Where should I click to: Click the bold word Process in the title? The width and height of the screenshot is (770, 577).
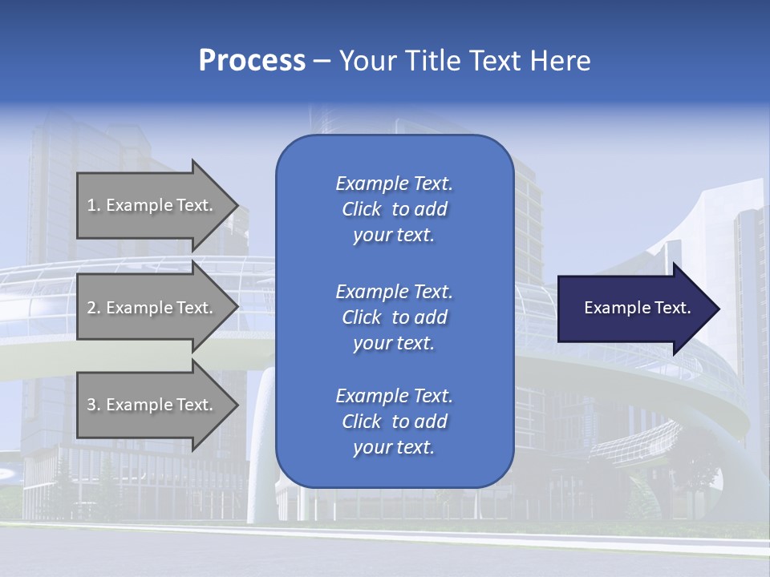[x=252, y=61]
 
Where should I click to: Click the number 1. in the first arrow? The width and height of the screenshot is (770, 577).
[x=94, y=205]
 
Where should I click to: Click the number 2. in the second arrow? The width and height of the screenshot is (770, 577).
[x=94, y=308]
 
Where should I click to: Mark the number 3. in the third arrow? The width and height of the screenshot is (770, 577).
[x=94, y=405]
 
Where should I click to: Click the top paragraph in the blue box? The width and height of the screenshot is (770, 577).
[x=394, y=209]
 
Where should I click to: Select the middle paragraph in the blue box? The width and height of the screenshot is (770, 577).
[x=394, y=317]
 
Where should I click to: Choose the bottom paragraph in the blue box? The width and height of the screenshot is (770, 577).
[x=394, y=422]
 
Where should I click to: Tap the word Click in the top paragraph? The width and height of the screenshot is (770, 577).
[x=362, y=209]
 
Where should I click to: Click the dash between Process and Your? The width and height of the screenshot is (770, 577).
[x=322, y=61]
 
